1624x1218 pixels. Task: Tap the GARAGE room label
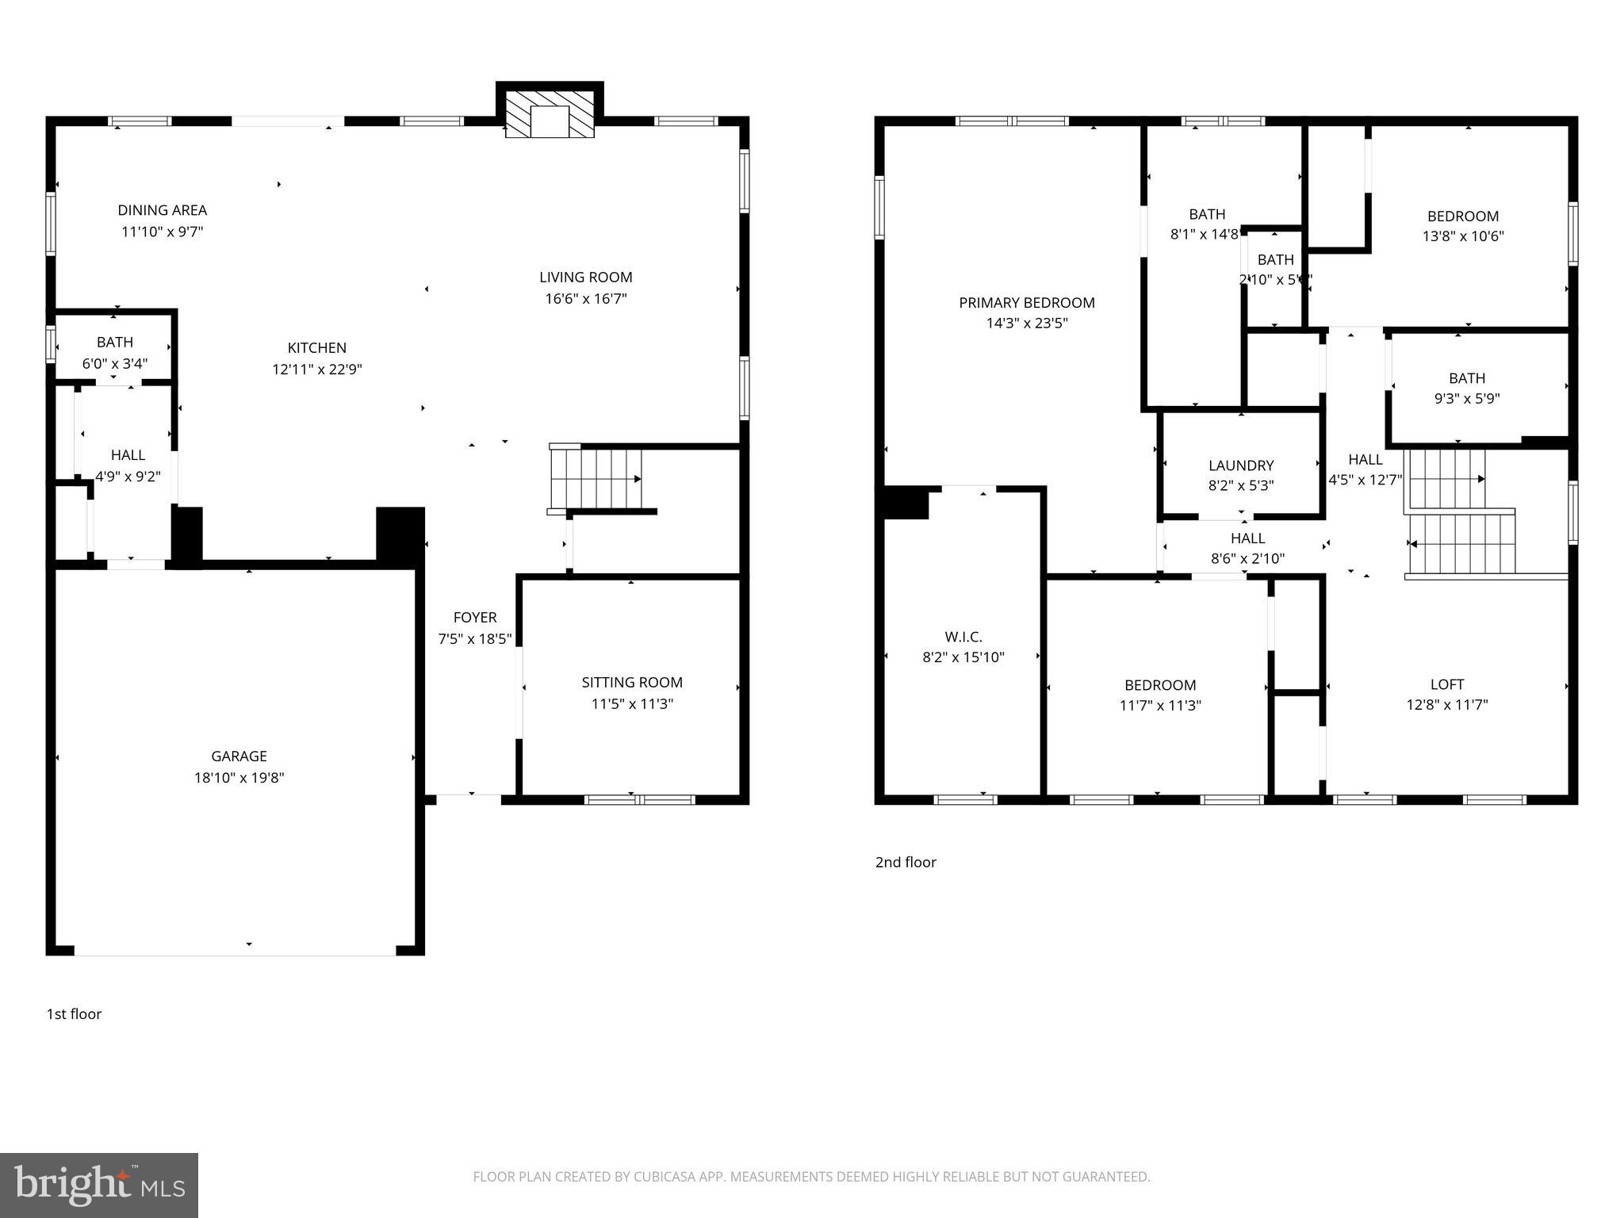click(239, 756)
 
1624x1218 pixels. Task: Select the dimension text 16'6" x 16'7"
click(585, 299)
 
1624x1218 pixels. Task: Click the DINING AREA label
click(163, 210)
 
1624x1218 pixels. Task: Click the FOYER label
click(475, 618)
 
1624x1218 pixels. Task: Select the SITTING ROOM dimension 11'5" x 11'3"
click(632, 703)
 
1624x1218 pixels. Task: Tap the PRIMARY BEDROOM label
click(1027, 303)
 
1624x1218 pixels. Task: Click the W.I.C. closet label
click(963, 637)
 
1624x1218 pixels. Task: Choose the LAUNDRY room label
click(1241, 465)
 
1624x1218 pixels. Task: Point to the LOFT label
click(1446, 684)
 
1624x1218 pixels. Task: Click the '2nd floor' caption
click(906, 862)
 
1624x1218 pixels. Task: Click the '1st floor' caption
click(74, 1014)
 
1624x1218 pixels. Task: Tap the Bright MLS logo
click(99, 1185)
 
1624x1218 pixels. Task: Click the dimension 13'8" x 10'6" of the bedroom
click(1463, 236)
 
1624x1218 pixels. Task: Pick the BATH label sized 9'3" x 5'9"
click(1466, 379)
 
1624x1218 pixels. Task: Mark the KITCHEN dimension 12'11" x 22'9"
click(317, 370)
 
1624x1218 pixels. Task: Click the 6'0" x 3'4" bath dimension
click(115, 364)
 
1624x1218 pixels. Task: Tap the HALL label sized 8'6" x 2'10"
click(1247, 538)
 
